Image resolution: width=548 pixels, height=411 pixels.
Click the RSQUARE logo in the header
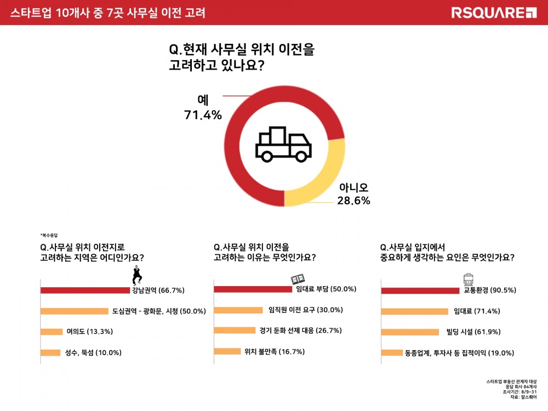coord(494,12)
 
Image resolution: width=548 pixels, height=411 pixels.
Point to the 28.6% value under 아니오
coord(353,201)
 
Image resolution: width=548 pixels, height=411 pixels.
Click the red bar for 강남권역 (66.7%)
coord(85,290)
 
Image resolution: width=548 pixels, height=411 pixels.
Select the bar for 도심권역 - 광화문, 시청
coord(75,311)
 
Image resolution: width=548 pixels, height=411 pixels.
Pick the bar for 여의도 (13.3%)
coord(52,332)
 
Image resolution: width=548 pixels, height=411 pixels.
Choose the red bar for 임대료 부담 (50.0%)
coord(253,289)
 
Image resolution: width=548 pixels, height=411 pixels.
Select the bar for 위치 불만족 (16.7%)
coord(227,351)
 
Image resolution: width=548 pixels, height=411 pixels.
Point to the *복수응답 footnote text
coord(49,234)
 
